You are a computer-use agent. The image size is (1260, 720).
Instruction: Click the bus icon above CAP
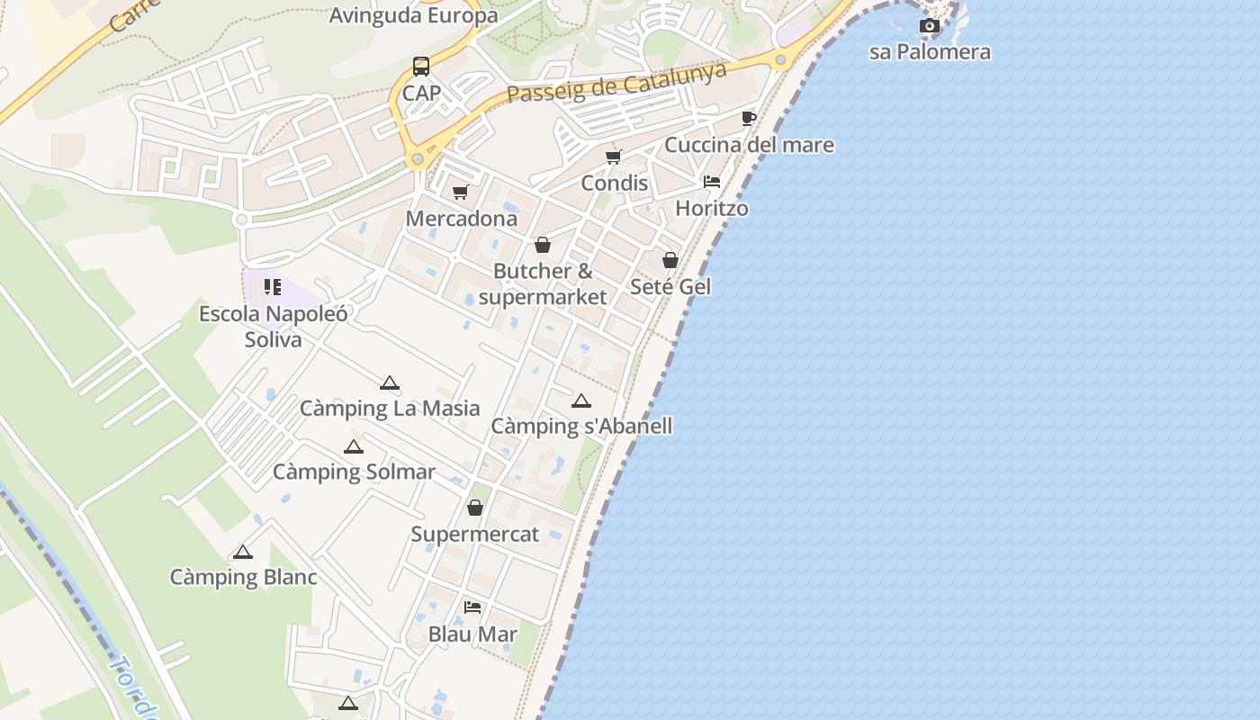421,66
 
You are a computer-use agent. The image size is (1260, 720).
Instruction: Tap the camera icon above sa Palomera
930,26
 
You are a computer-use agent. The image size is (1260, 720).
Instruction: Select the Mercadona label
462,219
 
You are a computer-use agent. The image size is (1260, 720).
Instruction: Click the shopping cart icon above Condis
614,157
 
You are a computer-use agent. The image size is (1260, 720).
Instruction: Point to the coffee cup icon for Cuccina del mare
748,119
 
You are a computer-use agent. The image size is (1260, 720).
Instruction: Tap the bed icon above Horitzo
712,182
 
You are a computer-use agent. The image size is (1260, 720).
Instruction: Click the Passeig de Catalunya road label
616,82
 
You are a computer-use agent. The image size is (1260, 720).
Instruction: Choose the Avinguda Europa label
413,15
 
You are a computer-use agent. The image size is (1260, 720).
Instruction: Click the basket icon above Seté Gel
670,260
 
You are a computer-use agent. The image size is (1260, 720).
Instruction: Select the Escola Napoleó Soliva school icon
273,287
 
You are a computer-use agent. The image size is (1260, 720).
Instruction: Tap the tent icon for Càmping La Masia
390,383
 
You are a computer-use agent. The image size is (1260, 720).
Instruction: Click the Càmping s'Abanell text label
581,426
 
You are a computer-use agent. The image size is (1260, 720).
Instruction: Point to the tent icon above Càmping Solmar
354,447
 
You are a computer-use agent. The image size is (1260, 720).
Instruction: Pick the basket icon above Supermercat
475,508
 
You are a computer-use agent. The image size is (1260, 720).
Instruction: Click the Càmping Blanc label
243,577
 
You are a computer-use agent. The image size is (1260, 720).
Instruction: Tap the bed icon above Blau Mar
472,607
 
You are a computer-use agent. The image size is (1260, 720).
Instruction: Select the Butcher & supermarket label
543,283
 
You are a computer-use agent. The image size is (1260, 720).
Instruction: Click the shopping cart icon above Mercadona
461,192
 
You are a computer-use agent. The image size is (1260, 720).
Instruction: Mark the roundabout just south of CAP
417,160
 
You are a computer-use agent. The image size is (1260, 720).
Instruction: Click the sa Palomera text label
930,52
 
